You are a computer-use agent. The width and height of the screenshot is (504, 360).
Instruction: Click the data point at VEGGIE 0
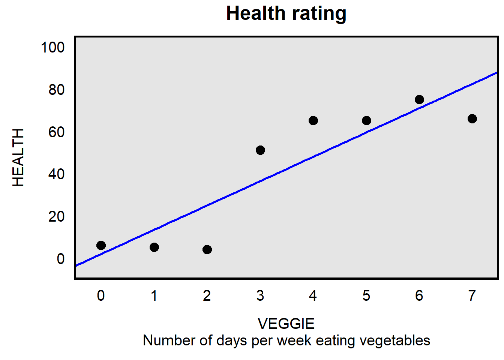(101, 246)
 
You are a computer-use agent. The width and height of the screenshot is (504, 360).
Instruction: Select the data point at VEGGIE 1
(154, 247)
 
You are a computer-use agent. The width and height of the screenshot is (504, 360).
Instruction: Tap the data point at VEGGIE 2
(207, 250)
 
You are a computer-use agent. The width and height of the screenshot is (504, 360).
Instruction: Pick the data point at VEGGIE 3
(260, 150)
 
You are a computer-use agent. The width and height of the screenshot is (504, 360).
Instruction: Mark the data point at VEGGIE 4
(313, 121)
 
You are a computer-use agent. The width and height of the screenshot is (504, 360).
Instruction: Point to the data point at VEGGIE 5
(366, 121)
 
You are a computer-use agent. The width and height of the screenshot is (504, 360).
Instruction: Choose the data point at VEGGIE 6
(419, 100)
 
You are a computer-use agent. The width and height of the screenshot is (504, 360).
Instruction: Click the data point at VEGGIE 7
(472, 119)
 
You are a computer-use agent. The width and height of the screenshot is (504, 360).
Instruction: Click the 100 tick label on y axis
(52, 48)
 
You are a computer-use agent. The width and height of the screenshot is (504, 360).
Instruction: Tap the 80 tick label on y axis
(56, 90)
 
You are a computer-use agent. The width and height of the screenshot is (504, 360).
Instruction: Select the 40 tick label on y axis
(56, 174)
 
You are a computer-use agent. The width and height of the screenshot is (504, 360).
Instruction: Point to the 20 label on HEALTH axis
(56, 217)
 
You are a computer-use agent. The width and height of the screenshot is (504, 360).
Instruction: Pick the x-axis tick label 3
(260, 296)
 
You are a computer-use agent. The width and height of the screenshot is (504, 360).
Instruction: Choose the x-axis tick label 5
(366, 296)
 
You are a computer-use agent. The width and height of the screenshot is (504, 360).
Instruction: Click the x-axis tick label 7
(472, 296)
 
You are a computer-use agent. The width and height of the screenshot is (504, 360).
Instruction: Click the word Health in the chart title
(256, 13)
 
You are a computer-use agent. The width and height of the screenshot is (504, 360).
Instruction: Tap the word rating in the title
(319, 14)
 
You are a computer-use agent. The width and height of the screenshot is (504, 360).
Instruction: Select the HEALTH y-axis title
(18, 157)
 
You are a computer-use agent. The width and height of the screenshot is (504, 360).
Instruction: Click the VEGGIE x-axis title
(286, 324)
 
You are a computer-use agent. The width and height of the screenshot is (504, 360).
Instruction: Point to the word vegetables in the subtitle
(395, 341)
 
